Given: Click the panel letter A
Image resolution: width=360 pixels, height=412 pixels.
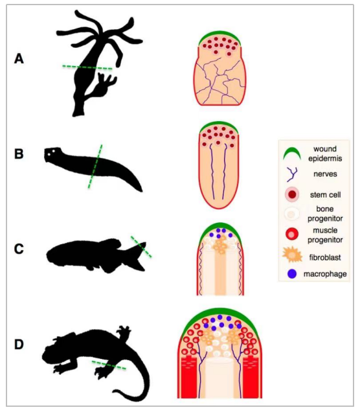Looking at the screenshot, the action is (19, 58).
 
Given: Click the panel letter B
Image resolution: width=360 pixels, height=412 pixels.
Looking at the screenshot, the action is (19, 154).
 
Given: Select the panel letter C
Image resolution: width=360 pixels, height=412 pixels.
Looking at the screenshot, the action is (19, 249).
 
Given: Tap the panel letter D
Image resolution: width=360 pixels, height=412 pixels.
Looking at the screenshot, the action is (19, 345).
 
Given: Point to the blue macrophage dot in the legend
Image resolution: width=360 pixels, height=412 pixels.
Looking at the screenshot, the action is (292, 274).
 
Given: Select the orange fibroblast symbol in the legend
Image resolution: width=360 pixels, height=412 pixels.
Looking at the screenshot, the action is (292, 255).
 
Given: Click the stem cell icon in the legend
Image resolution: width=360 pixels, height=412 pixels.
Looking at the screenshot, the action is (292, 195).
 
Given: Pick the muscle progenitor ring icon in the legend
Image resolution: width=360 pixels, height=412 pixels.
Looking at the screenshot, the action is (292, 234).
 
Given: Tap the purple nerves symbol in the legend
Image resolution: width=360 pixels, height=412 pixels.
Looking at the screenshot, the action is (292, 174).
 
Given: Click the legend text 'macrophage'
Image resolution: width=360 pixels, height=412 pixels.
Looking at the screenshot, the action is (325, 274).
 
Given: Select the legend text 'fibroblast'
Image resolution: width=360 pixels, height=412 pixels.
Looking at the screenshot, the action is (325, 257).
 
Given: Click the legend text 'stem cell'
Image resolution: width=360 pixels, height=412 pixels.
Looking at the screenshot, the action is (325, 195).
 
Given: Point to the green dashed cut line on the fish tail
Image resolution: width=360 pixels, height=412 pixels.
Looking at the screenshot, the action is (141, 246).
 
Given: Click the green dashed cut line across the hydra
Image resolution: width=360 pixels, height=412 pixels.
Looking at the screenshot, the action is (87, 67).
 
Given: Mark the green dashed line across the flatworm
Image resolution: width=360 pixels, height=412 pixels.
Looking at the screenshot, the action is (95, 166).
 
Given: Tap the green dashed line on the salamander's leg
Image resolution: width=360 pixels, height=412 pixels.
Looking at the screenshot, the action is (109, 365).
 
